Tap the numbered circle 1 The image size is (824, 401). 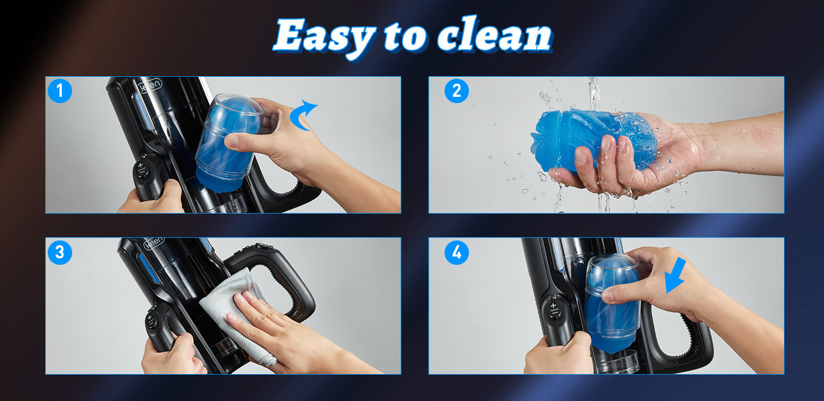tap(60, 91)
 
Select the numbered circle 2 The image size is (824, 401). tap(457, 91)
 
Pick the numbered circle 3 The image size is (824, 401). tap(60, 253)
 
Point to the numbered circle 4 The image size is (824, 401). tap(457, 253)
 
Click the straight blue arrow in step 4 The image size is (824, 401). tap(675, 276)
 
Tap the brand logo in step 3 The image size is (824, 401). tap(154, 244)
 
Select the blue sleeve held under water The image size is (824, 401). tap(593, 140)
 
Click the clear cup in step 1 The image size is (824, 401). tap(229, 144)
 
